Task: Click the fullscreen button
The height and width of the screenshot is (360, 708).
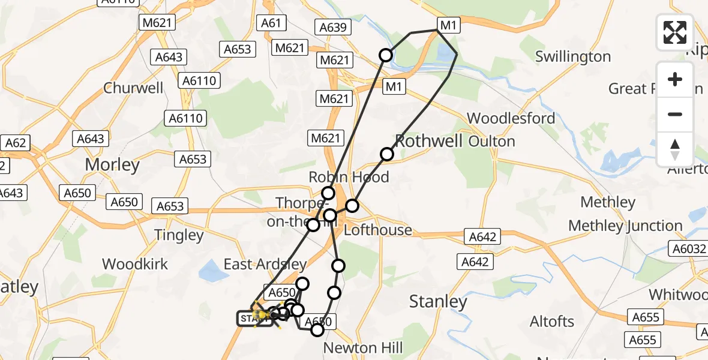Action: [675, 32]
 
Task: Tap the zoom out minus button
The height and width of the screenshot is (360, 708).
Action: [675, 114]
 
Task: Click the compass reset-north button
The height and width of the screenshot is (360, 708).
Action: [675, 149]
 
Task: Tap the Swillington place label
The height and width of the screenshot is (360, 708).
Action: [572, 56]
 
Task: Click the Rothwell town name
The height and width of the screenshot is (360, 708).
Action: [429, 142]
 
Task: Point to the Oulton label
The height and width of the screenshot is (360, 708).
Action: [491, 142]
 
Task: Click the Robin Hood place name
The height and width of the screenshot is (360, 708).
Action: [349, 177]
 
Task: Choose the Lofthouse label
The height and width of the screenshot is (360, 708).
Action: [378, 230]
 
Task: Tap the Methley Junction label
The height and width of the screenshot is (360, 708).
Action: [625, 226]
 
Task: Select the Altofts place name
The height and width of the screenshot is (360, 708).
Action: [552, 322]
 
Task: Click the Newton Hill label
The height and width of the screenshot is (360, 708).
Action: [363, 348]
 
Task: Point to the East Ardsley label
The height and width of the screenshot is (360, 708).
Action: [265, 264]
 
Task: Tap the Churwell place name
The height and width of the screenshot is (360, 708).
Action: [133, 88]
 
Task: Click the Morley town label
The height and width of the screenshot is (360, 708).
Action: [112, 164]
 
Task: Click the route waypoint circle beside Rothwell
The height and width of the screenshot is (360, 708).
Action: [387, 154]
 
